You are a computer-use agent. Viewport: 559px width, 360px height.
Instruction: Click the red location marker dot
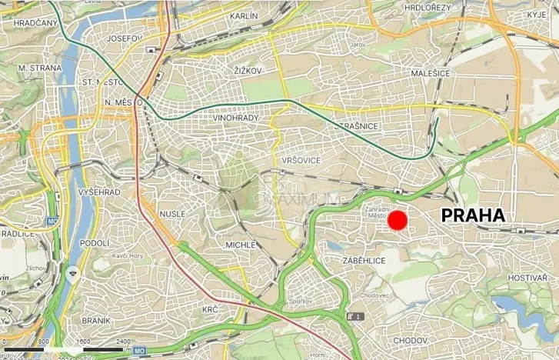tap(397, 222)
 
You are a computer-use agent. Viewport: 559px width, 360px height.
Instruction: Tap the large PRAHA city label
tap(474, 216)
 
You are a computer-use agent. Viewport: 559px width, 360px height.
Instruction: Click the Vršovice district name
tap(301, 159)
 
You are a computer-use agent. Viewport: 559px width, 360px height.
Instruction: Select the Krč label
tap(211, 309)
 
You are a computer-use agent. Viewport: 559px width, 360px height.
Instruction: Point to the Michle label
tap(240, 245)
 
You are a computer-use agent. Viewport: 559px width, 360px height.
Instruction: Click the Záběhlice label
tap(364, 261)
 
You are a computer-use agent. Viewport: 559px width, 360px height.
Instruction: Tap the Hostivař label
tap(527, 277)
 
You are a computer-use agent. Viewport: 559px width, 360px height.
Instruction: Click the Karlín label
tap(244, 15)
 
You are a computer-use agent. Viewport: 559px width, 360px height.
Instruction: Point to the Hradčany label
tap(35, 23)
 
